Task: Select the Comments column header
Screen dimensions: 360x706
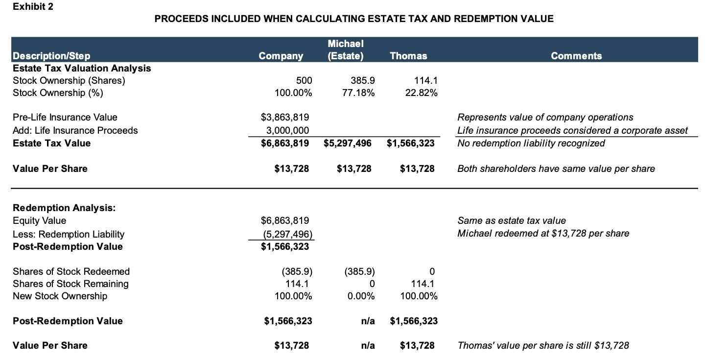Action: click(x=576, y=56)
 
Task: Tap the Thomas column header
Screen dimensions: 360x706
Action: click(x=408, y=56)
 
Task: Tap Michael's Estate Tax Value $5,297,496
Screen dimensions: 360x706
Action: click(x=347, y=143)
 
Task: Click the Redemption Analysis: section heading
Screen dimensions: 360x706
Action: click(x=64, y=208)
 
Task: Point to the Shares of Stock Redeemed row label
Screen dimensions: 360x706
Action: click(x=71, y=271)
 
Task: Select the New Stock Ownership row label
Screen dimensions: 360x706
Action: click(x=60, y=296)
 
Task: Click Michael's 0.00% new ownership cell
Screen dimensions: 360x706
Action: click(x=361, y=296)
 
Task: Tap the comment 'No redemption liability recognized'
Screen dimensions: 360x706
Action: click(x=531, y=143)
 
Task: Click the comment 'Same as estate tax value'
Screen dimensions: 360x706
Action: click(x=511, y=221)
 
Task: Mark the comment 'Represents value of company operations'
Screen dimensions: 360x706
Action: click(x=545, y=118)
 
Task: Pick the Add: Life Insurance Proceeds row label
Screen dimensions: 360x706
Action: click(x=75, y=130)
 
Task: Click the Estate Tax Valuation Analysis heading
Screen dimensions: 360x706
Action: click(x=82, y=68)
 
